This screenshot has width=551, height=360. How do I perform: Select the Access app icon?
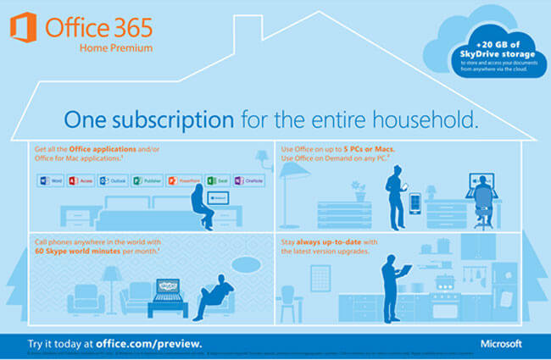[x=75, y=180]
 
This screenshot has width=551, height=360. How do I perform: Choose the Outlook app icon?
[x=103, y=180]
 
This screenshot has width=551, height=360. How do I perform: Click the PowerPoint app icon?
[x=172, y=180]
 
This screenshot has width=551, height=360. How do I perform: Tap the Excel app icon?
[x=211, y=180]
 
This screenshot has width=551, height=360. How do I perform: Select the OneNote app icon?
[x=239, y=180]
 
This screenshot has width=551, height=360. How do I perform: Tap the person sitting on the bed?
[x=200, y=207]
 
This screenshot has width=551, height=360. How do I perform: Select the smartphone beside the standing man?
[x=415, y=204]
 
